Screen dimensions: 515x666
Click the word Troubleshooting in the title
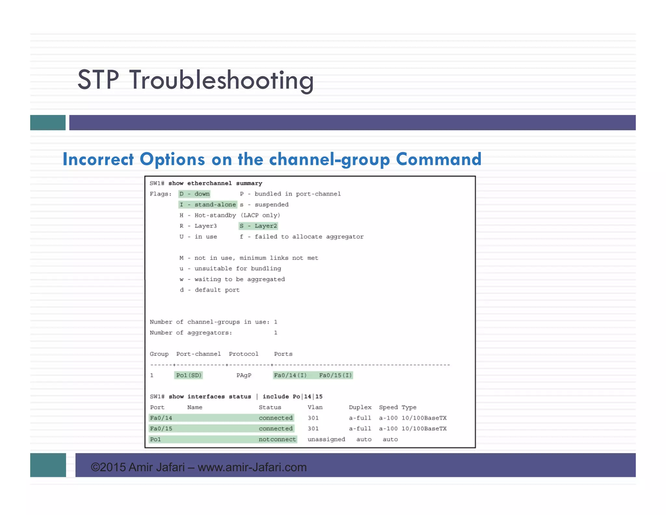coord(221,80)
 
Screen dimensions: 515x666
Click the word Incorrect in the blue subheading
coord(98,160)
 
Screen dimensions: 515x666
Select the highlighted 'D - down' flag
coord(194,194)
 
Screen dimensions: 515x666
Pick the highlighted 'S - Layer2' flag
coord(259,226)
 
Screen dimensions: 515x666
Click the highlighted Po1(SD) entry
coord(189,375)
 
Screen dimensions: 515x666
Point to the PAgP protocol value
coord(244,375)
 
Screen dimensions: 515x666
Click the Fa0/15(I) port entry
coord(335,375)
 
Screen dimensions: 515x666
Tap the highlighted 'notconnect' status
coord(277,439)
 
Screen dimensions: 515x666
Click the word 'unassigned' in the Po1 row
coord(326,439)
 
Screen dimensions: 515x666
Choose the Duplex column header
coord(360,407)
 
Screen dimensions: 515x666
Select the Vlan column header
coord(315,407)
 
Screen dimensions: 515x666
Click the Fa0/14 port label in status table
coord(161,418)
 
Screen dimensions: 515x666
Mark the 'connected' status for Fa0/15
coord(276,429)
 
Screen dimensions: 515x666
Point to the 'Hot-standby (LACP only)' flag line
coord(230,216)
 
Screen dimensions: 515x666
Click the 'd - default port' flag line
coord(210,290)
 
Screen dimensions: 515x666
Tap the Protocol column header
coord(244,354)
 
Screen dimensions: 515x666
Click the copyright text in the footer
coord(199,467)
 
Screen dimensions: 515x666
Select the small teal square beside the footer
coord(48,465)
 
